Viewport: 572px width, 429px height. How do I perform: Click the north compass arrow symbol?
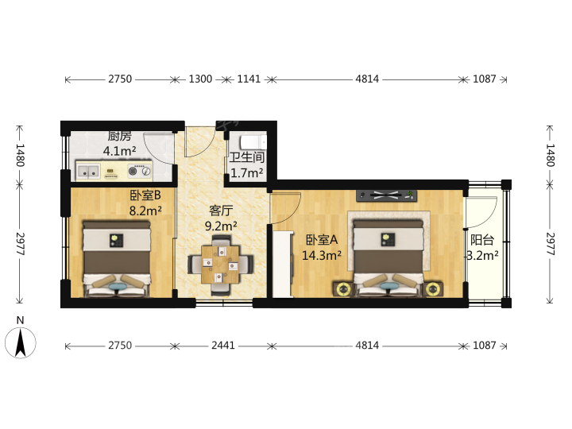(21, 342)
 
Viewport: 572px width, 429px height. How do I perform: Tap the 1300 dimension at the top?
(200, 79)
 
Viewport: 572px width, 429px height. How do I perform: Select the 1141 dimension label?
(249, 79)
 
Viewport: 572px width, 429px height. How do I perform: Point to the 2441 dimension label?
(223, 345)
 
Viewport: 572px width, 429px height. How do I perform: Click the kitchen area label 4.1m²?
(120, 151)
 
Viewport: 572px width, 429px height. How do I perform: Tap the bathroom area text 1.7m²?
(246, 172)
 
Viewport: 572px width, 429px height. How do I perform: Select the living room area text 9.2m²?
(221, 226)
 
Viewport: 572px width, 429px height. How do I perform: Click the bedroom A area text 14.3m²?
(322, 255)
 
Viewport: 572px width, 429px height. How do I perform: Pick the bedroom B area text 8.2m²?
(145, 211)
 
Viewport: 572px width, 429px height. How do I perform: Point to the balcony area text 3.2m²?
(483, 255)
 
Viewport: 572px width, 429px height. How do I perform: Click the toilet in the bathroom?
(253, 141)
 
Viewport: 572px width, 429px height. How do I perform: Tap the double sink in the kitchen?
(88, 171)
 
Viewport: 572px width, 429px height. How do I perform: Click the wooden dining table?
(221, 265)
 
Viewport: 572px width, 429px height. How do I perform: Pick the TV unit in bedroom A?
(387, 195)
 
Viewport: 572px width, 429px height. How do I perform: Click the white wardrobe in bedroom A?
(283, 264)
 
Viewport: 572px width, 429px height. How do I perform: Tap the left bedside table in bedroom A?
(343, 290)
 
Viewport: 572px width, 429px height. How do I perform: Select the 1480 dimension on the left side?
(21, 155)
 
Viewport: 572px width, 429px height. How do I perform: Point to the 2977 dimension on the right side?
(550, 244)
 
